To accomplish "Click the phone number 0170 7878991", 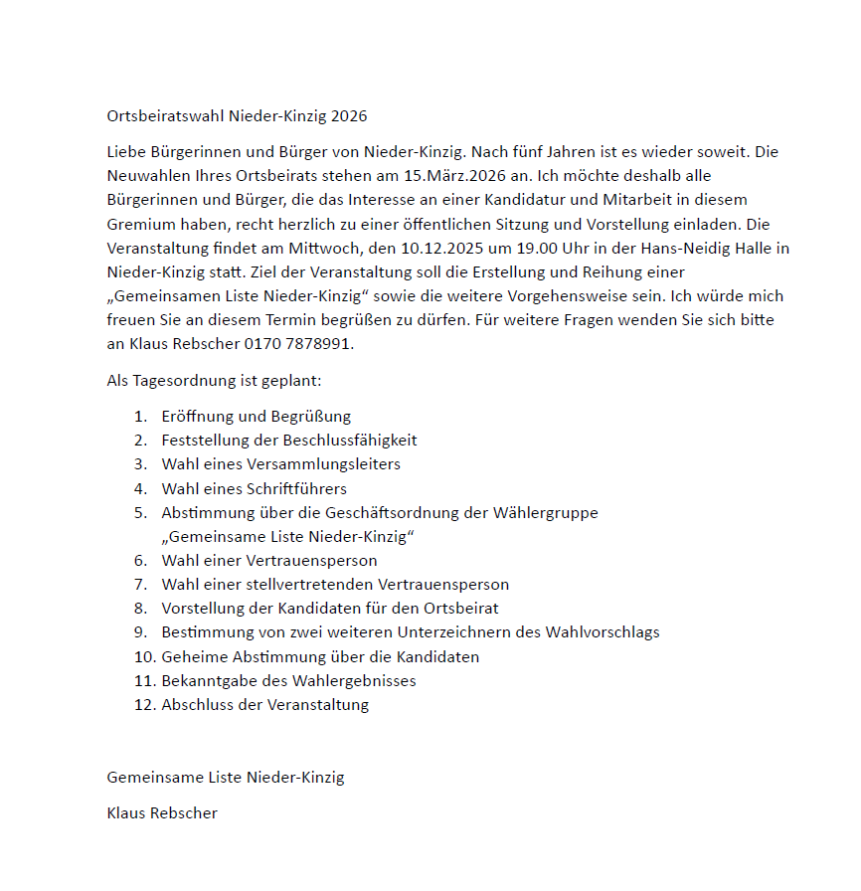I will pyautogui.click(x=298, y=344).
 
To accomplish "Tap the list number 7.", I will pyautogui.click(x=141, y=585).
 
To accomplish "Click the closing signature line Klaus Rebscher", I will pyautogui.click(x=162, y=813).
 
